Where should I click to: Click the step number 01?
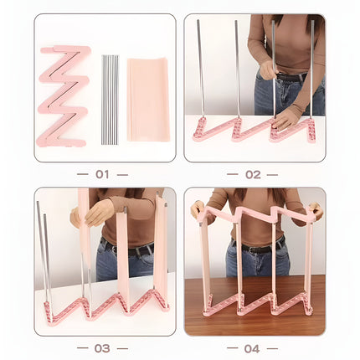coord(102,174)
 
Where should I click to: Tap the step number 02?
coord(253,175)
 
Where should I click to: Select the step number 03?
coord(102,348)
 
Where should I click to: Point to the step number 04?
coord(252,348)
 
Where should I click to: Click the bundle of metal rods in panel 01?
coord(110,100)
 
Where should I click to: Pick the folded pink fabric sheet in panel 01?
coord(148,99)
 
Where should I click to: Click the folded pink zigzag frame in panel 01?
coord(64,96)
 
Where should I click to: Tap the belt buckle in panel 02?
coord(281,77)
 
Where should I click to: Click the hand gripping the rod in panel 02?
coord(268,69)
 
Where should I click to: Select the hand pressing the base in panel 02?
coord(285,121)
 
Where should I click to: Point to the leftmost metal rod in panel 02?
coord(201,69)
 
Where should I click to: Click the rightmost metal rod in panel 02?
coord(312,69)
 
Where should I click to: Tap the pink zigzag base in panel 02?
coord(254,130)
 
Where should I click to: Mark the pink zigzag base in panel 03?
coord(106,308)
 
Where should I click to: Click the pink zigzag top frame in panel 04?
coord(257,215)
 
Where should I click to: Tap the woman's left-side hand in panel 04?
coord(198,209)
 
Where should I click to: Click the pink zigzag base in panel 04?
coord(257,307)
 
